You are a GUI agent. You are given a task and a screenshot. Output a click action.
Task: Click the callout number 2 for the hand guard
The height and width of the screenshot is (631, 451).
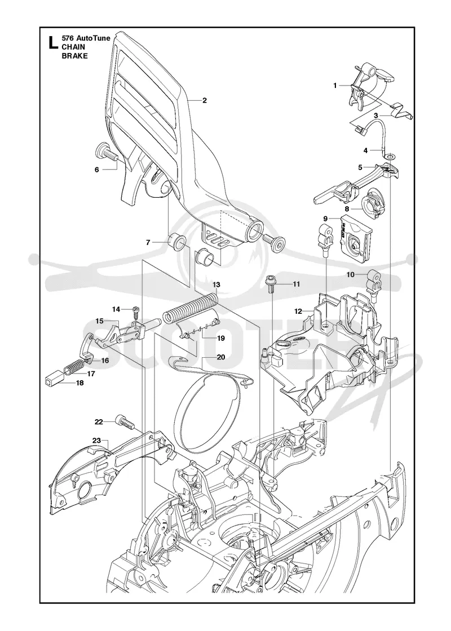205,101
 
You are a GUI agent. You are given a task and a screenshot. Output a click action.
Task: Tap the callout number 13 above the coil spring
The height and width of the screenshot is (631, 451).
216,285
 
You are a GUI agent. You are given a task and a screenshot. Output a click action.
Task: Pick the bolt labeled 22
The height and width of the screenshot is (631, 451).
125,423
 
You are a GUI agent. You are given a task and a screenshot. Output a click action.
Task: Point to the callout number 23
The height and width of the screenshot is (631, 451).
96,440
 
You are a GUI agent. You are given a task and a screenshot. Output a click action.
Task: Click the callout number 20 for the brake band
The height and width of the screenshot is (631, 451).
220,357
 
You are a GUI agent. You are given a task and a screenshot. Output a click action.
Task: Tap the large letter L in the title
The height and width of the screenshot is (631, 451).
51,42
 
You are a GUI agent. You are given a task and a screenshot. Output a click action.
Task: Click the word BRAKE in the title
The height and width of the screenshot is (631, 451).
74,56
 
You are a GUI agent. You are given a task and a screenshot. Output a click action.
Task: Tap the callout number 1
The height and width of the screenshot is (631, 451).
335,85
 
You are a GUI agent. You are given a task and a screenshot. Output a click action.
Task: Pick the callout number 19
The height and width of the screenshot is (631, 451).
220,338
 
